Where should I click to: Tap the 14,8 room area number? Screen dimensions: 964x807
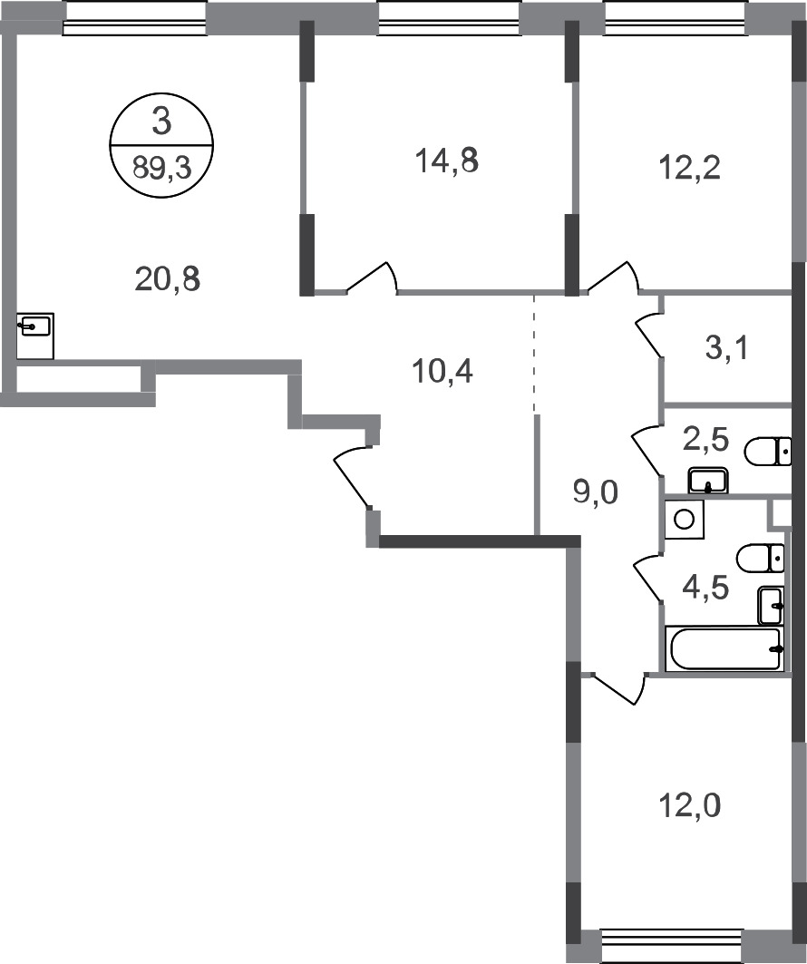coord(443,164)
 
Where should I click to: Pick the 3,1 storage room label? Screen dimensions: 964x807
coord(726,347)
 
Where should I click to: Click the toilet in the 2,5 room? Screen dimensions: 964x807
coord(764,451)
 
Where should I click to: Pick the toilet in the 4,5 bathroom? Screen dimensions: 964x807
coord(760,558)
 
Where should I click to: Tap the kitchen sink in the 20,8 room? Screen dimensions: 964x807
coord(35,325)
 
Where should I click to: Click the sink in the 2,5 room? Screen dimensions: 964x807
coord(708,480)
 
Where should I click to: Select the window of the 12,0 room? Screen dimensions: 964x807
coord(672,942)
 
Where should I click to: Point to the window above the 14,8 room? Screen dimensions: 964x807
coord(449,17)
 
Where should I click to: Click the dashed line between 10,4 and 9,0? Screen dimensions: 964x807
coord(534,353)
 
